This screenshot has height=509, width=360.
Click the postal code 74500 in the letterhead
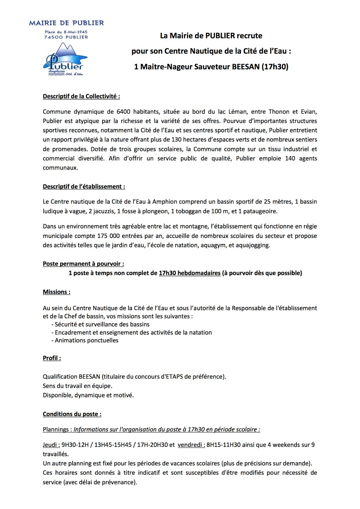[53, 37]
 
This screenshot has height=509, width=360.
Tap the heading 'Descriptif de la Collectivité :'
[81, 96]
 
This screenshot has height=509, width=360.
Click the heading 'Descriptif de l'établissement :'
[84, 187]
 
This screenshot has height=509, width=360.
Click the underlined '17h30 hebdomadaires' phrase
[189, 273]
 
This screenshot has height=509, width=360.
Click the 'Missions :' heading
[57, 292]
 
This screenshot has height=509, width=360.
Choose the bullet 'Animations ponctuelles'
[86, 340]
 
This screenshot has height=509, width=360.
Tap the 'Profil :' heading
[52, 358]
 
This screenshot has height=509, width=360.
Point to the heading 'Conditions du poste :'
[72, 414]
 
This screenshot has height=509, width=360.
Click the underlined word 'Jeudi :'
[51, 445]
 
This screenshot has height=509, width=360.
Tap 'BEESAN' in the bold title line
[246, 67]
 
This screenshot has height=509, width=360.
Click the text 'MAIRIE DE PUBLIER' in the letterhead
[66, 23]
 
